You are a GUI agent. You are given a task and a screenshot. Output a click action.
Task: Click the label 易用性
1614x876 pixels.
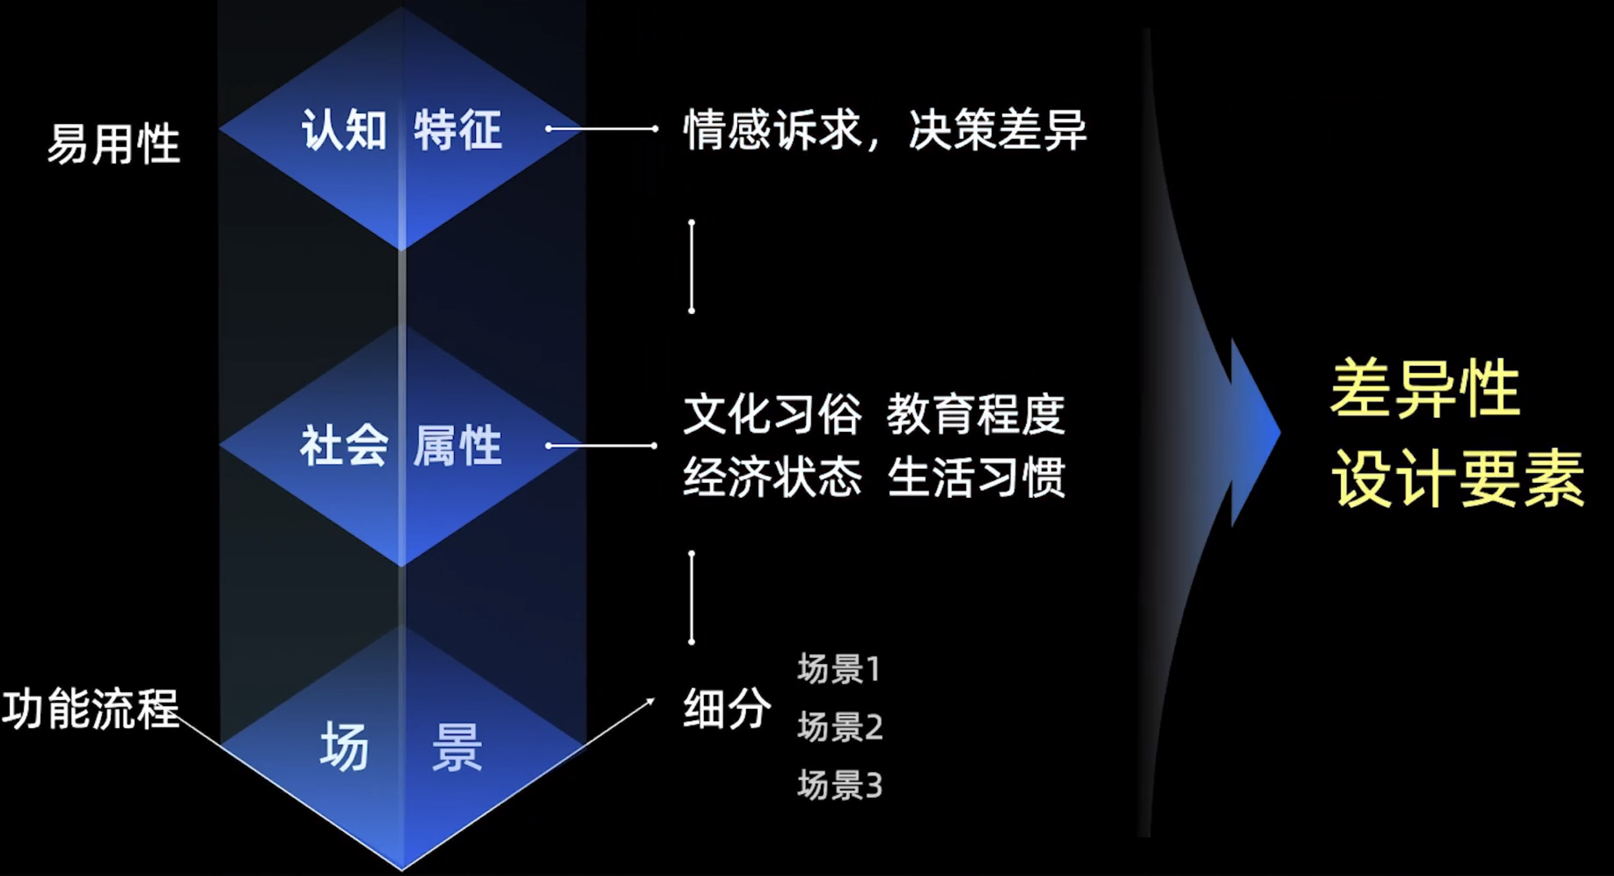113,144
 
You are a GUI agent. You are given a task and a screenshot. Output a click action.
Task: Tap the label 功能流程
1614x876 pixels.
90,709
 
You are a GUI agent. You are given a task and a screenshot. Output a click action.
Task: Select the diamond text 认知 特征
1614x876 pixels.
401,130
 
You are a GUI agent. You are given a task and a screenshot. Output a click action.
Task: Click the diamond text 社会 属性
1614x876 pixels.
401,446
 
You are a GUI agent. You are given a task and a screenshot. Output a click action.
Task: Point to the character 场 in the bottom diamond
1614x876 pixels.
344,747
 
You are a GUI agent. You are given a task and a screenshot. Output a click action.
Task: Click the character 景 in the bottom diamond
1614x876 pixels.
457,747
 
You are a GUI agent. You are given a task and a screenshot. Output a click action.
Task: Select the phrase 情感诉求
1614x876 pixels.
772,130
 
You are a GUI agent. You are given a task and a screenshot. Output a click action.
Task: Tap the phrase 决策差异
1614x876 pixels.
997,130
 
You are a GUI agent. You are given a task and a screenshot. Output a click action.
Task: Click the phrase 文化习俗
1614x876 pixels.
772,415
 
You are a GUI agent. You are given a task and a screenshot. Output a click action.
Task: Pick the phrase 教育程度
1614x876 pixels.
975,415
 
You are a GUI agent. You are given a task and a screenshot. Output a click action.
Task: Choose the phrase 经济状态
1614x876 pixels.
772,477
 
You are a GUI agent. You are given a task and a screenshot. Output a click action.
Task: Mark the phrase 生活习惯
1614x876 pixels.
975,477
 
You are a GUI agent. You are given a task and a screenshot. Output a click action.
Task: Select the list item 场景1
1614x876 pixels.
839,669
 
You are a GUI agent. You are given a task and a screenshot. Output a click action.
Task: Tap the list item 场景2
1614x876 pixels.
839,727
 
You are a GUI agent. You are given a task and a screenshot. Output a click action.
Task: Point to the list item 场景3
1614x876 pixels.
839,785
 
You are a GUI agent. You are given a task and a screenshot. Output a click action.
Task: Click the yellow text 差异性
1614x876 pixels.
1425,389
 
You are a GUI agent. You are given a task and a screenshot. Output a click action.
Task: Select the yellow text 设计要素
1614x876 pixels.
1457,478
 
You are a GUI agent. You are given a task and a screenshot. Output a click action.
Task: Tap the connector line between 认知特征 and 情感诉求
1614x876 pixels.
602,129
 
